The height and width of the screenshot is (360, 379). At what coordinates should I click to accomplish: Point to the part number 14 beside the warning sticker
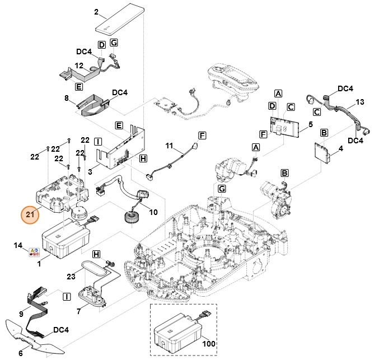click(18, 246)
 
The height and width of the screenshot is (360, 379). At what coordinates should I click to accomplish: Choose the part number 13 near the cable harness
click(360, 102)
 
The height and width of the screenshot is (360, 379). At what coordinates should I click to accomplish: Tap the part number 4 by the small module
click(340, 149)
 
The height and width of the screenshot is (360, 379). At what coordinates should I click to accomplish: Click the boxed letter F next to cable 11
click(202, 135)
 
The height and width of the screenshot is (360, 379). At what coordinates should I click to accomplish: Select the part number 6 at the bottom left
click(21, 353)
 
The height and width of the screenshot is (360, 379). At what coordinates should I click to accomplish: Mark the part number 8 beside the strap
click(67, 98)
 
